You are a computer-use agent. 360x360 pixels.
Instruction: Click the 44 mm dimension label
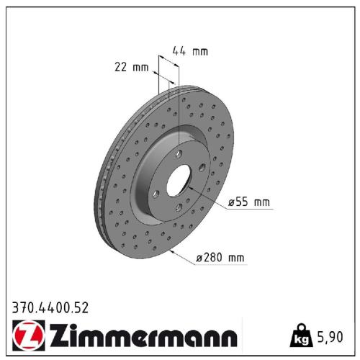coord(189,51)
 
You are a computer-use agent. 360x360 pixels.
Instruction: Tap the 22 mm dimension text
coord(131,68)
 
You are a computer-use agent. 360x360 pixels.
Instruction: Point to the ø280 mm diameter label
coord(221,257)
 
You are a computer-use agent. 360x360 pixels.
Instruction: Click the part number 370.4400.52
coord(50,308)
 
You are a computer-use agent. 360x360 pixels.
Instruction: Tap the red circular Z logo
coord(26,336)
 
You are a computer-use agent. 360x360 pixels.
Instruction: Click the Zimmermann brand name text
coord(140,336)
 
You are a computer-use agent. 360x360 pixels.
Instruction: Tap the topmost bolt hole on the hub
coord(176,153)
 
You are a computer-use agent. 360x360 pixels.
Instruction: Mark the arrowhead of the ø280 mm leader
coord(170,251)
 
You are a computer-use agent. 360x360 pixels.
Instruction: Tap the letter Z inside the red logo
coord(26,336)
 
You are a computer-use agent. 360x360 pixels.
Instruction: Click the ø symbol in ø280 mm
coord(199,257)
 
